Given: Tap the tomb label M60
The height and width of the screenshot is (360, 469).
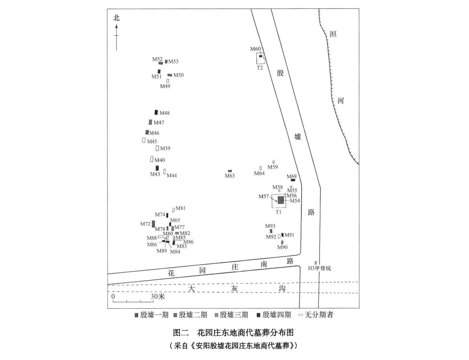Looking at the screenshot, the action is click(255, 49).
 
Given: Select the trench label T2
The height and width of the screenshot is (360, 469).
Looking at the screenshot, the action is click(260, 68).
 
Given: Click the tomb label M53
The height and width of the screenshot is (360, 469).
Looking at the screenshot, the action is click(173, 62).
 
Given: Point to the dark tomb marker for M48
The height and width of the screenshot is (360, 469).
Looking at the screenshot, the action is click(156, 112).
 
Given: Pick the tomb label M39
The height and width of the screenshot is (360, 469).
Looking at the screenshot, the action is click(165, 148).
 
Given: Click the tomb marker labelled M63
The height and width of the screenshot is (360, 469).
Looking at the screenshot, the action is click(230, 171).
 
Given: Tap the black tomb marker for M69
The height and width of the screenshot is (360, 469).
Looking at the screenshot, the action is click(293, 180).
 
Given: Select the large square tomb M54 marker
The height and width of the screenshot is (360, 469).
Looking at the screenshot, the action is click(281, 200).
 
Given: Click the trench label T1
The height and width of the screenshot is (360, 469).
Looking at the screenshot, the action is click(278, 212).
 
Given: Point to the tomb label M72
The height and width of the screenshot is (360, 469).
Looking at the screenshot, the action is click(145, 224).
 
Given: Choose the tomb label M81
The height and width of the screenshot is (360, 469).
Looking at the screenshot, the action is click(181, 208).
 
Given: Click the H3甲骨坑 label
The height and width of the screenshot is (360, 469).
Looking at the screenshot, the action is click(320, 268).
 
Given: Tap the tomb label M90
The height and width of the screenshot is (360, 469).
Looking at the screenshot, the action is click(282, 247).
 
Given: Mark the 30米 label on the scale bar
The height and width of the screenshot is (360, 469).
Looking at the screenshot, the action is click(158, 297).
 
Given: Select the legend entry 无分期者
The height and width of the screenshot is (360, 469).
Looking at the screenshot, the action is click(319, 315).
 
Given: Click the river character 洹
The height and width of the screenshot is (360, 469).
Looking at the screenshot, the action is click(333, 34).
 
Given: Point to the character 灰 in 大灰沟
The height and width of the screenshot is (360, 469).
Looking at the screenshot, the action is click(235, 289).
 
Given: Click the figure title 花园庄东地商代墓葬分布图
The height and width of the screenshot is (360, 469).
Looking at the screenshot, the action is click(245, 332).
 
